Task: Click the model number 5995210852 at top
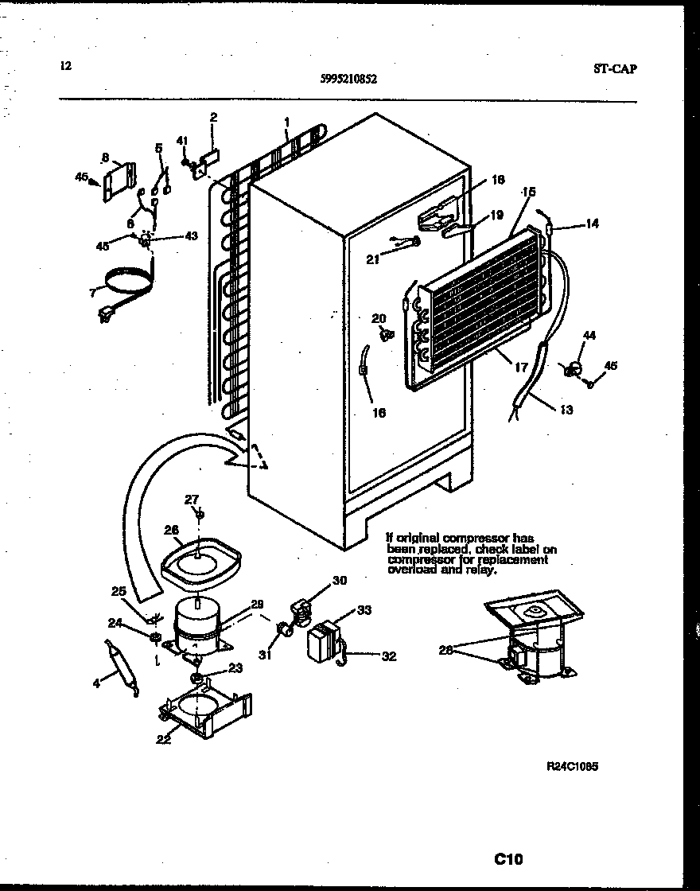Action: click(x=349, y=79)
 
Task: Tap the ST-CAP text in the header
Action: click(x=614, y=68)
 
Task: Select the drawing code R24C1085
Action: click(x=572, y=766)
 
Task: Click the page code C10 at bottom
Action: click(x=508, y=858)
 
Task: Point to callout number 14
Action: click(x=592, y=224)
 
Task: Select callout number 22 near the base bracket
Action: click(x=163, y=739)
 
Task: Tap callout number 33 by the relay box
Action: click(x=364, y=611)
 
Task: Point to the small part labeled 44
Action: click(x=570, y=369)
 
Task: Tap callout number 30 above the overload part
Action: click(x=339, y=581)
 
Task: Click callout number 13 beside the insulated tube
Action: click(x=566, y=410)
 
